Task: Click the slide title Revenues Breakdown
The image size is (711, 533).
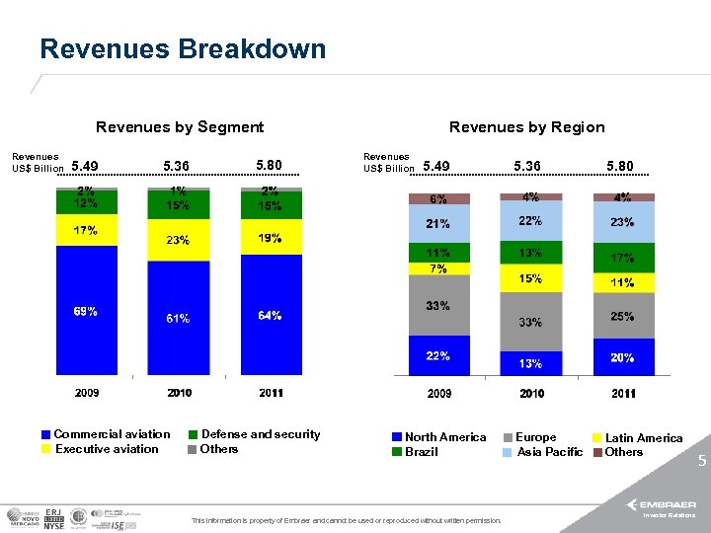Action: coord(183,49)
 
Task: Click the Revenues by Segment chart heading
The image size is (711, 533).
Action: coord(180,127)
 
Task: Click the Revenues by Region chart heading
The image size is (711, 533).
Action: coord(526,127)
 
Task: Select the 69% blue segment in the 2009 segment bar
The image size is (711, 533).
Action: coord(86,311)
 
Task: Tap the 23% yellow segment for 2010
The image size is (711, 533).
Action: coord(178,240)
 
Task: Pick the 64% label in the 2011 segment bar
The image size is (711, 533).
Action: coord(270,316)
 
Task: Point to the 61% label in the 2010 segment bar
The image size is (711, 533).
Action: coord(178,319)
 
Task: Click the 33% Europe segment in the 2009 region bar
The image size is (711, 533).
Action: coord(438,306)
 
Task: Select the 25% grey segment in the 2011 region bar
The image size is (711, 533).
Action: coord(622,317)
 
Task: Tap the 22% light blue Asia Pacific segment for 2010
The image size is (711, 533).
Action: coord(531,221)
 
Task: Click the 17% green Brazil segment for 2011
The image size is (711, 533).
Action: coord(622,259)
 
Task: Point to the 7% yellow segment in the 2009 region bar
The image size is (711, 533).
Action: coord(438,268)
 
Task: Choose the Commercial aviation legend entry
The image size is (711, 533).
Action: coord(106,434)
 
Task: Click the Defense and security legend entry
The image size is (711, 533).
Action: coord(254,434)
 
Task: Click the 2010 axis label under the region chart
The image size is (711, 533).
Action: coord(531,394)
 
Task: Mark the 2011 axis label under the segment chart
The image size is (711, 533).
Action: coord(271,393)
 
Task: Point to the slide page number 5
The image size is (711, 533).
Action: coord(701,460)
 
